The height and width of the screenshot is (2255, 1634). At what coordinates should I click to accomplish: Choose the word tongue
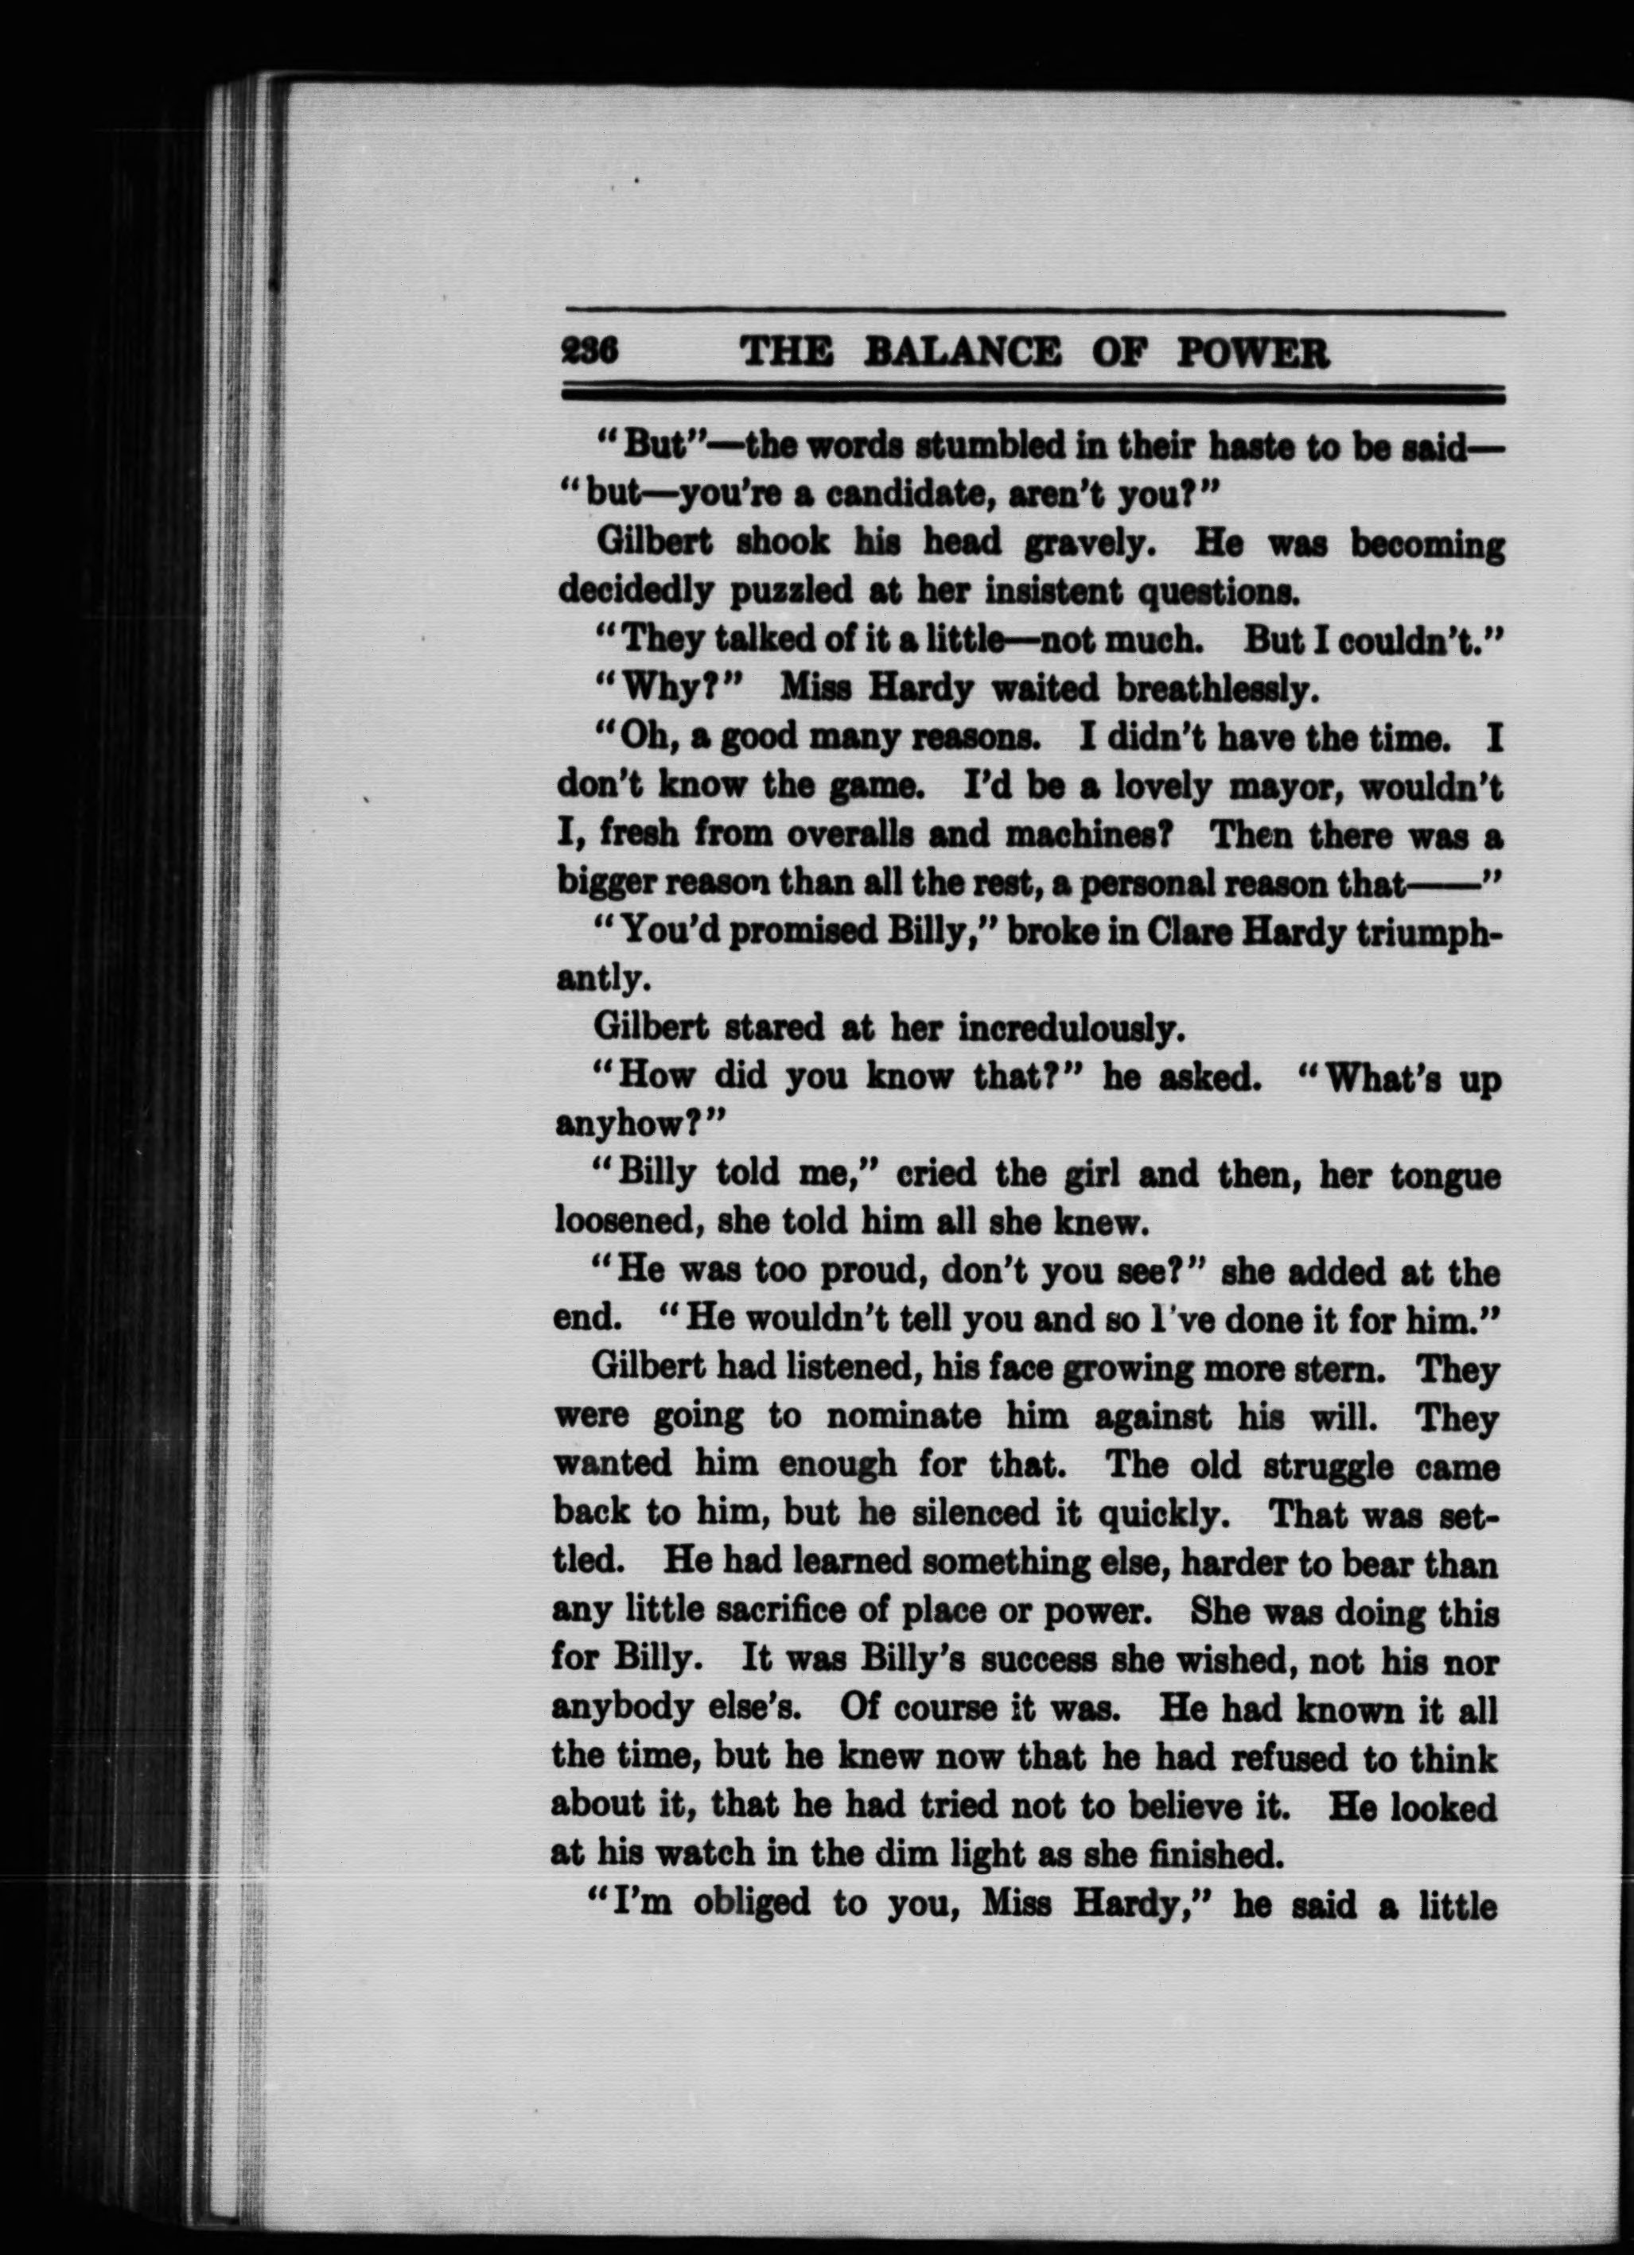(x=1444, y=1176)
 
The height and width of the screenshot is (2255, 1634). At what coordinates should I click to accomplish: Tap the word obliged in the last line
(x=737, y=1903)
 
